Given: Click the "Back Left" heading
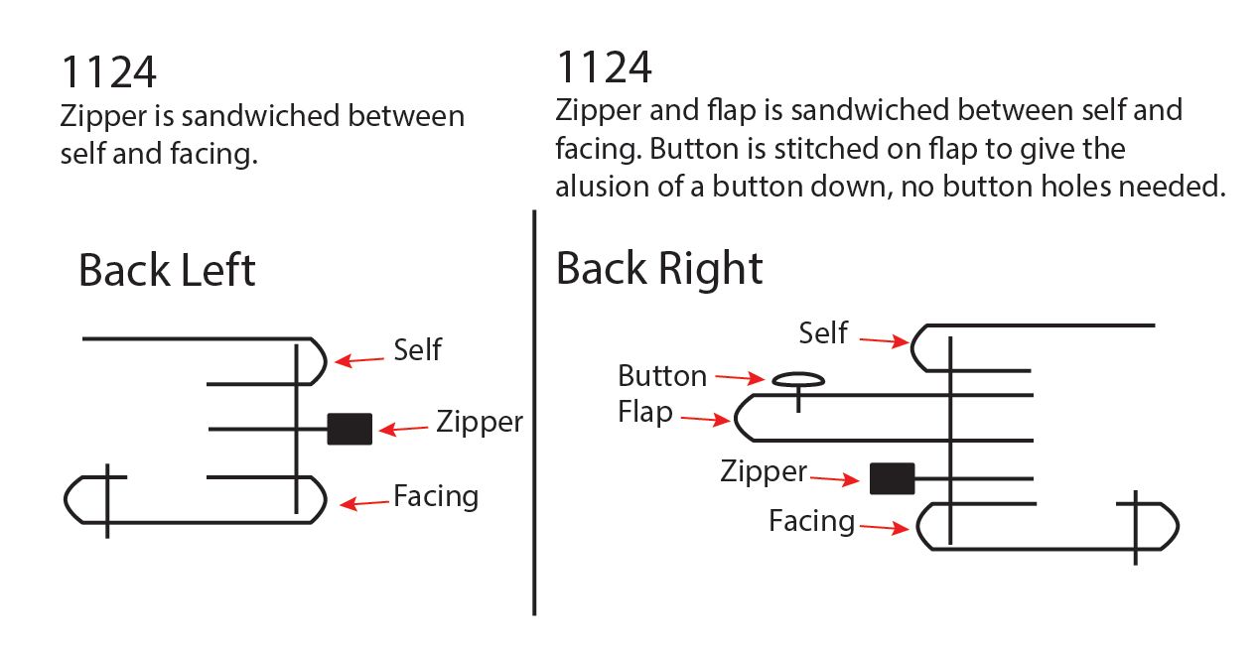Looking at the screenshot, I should point(167,271).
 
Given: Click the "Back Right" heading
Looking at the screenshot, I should point(659,268).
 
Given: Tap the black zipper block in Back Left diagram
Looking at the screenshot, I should point(350,429).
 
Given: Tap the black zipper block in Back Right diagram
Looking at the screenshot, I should point(892,478).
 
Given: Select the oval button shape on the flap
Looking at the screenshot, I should point(797,379).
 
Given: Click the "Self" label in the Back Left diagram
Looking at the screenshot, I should point(417,349).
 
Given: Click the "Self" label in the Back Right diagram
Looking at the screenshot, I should point(823,332).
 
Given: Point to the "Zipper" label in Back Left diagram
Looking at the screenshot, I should point(479,423).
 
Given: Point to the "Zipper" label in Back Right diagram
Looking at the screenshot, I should point(764,471).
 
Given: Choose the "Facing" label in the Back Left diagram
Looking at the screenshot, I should point(436,495).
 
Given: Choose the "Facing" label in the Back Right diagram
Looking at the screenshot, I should point(811,521).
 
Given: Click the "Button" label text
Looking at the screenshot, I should point(662,376).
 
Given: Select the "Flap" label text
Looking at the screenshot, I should point(644,411).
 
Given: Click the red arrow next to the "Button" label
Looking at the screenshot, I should point(740,377).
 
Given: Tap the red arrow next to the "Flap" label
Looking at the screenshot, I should point(704,419).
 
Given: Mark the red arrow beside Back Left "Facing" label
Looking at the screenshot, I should point(364,503).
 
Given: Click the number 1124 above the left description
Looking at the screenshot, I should point(108,72).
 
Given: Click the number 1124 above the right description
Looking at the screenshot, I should point(604,67).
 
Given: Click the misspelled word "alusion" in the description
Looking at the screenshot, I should point(604,187).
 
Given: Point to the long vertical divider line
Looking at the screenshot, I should point(534,417).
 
